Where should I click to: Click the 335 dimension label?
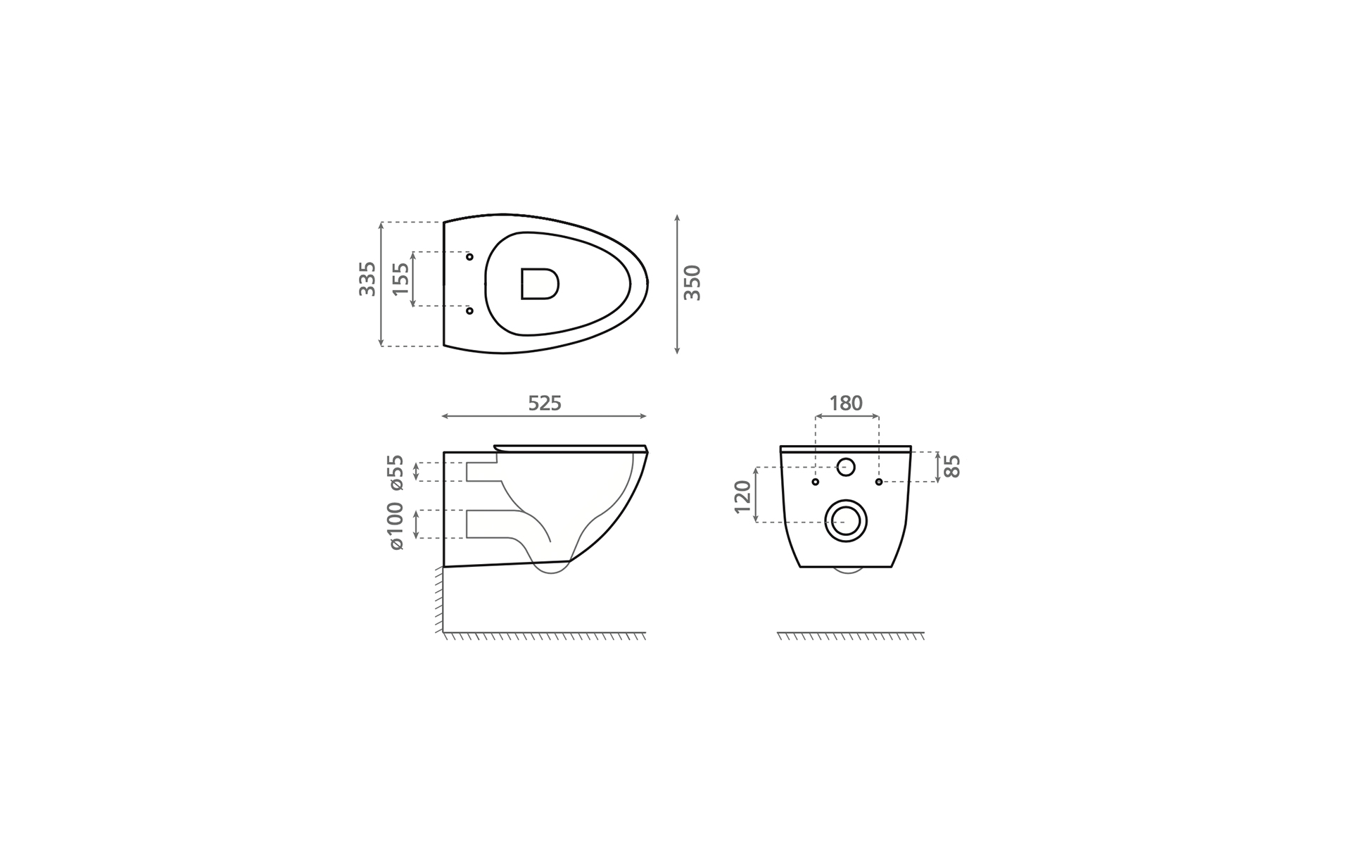[367, 279]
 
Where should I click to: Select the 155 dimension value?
[400, 279]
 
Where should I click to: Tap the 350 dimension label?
[692, 282]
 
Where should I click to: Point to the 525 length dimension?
[545, 403]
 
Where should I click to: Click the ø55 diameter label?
[396, 472]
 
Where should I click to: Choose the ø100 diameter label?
[396, 525]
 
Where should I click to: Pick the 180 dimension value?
[846, 403]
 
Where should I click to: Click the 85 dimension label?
[951, 466]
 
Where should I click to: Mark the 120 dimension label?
[742, 496]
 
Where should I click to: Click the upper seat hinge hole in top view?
[469, 257]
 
